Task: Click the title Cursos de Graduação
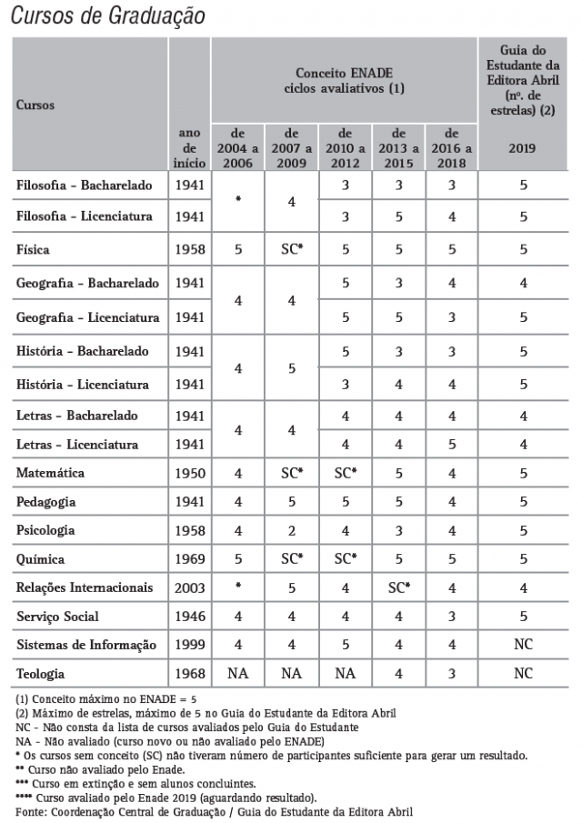click(x=108, y=15)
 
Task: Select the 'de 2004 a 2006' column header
click(x=238, y=147)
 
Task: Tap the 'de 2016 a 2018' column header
click(x=451, y=147)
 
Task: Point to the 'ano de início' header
click(x=189, y=147)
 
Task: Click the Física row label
click(x=34, y=249)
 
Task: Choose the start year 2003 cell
click(x=189, y=587)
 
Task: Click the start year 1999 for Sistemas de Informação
click(x=189, y=645)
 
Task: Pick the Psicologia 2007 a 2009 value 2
click(x=292, y=530)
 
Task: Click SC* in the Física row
click(x=292, y=249)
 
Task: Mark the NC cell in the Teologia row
click(x=522, y=675)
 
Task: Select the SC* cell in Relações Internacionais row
click(x=398, y=587)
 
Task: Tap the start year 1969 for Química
click(x=189, y=559)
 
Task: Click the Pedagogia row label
click(x=45, y=502)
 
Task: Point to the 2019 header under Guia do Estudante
click(x=522, y=148)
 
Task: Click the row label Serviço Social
click(x=58, y=617)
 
